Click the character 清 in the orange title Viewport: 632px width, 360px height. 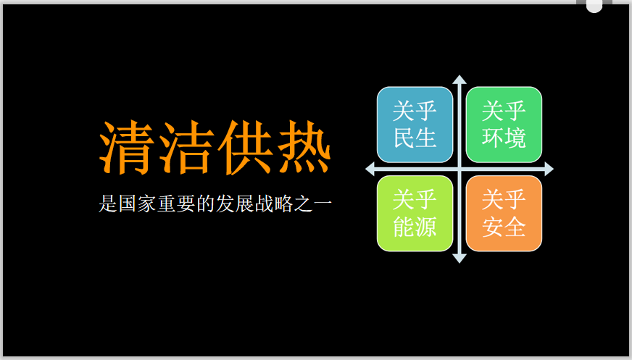[127, 147]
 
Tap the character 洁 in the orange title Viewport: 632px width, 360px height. [186, 147]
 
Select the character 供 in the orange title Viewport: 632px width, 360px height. [246, 147]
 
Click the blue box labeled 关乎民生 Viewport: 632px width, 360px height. [415, 125]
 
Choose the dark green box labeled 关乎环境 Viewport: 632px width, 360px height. [504, 125]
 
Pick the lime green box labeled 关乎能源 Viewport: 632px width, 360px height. [415, 214]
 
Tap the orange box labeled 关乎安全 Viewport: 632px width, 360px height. [504, 214]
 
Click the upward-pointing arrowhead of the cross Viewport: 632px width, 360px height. [460, 80]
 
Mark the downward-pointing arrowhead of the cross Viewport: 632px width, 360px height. [460, 259]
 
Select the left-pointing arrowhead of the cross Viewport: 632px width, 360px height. [370, 169]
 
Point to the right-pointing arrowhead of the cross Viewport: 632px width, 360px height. [549, 169]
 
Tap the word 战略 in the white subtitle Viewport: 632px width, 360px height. [274, 204]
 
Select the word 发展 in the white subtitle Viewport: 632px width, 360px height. [235, 204]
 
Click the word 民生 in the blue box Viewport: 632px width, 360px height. [415, 138]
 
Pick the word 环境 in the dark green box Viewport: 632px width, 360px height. [504, 138]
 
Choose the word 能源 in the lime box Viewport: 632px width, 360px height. [415, 227]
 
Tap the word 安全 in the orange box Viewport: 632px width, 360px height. [504, 227]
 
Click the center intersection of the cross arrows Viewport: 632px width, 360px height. [460, 169]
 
